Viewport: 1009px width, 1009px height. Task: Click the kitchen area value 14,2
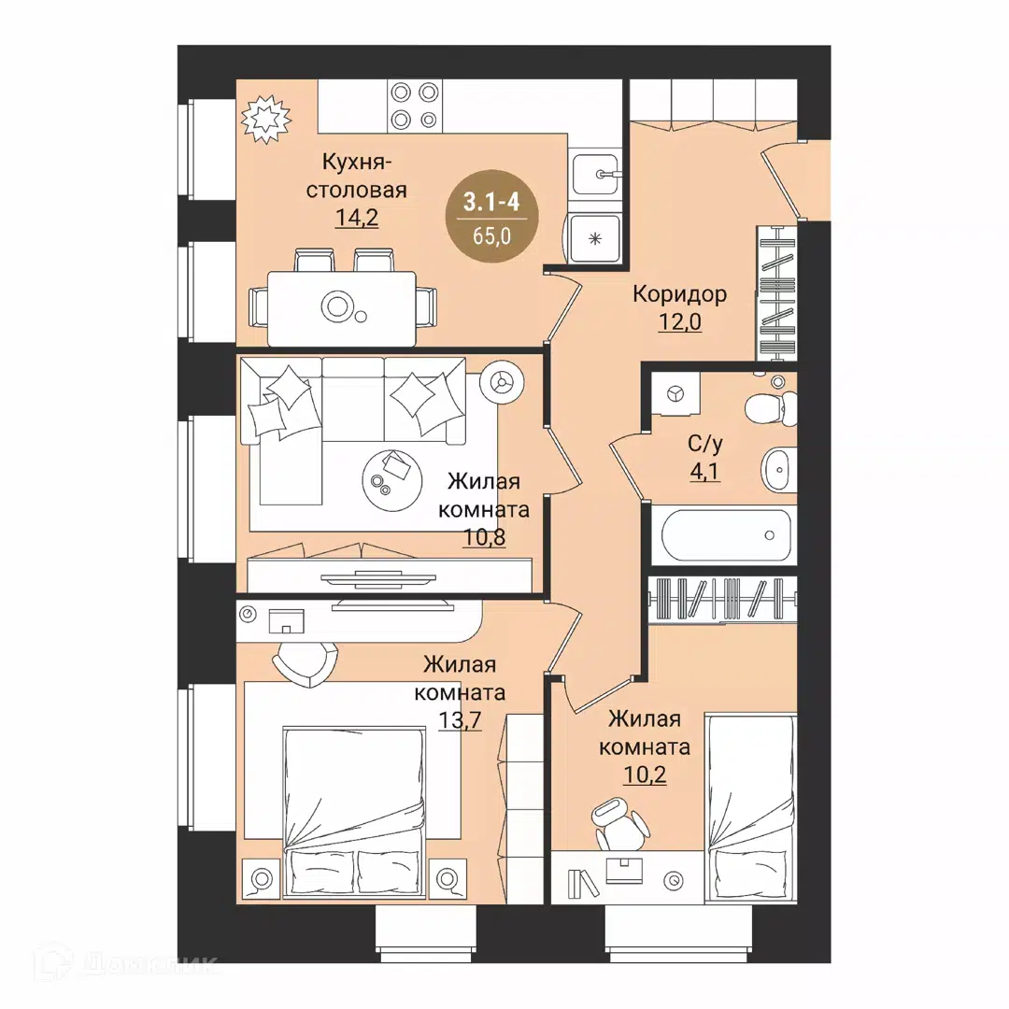(x=357, y=218)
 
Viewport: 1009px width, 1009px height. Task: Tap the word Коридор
(x=679, y=294)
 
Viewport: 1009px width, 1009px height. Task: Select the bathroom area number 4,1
(x=704, y=472)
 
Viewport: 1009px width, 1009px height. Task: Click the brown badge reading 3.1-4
(x=491, y=216)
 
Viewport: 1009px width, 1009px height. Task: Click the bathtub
(x=726, y=535)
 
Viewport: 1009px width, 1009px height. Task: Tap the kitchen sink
(x=595, y=173)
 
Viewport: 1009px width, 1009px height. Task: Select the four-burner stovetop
(x=415, y=107)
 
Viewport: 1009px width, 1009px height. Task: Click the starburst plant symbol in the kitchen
(x=265, y=119)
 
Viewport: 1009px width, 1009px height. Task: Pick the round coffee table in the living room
(x=391, y=479)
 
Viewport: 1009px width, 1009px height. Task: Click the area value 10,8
(x=484, y=536)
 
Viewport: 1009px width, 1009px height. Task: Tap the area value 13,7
(x=460, y=720)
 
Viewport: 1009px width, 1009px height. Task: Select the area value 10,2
(x=645, y=775)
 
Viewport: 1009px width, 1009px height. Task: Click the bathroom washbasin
(x=778, y=470)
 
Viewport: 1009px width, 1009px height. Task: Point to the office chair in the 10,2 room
(x=617, y=822)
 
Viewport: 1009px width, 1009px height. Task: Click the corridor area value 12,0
(x=679, y=321)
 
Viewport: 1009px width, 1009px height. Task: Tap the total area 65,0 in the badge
(x=491, y=236)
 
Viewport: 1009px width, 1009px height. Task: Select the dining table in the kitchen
(x=342, y=308)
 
